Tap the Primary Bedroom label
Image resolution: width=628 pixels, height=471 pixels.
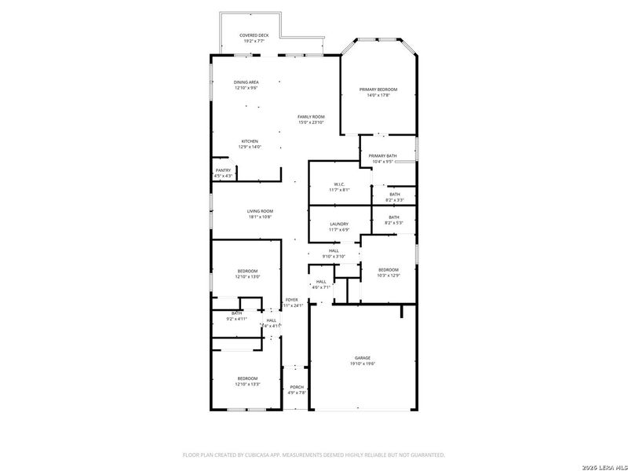coord(378,90)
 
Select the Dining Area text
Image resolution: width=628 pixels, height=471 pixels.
coord(246,82)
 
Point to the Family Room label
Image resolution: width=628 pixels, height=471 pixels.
coord(311,117)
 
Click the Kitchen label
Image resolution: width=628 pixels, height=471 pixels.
coord(250,142)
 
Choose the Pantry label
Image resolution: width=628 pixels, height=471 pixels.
coord(224,170)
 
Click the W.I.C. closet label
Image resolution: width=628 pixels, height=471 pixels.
coord(339,184)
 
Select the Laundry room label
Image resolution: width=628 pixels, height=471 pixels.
coord(339,225)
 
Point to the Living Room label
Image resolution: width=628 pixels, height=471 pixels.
coord(260,211)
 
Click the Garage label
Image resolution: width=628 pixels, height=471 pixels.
coord(362,358)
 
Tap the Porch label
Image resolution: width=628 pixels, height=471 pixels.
coord(297,387)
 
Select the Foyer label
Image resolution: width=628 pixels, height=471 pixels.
coord(291,300)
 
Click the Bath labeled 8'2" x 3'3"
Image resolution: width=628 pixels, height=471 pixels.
coord(393,195)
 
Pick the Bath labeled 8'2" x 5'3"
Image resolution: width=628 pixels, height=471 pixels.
coord(393,217)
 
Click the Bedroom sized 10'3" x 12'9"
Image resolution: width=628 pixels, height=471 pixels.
coord(389,270)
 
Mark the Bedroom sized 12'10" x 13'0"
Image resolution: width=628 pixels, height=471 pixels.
coord(247,271)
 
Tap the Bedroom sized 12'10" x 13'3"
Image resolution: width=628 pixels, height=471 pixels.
coord(246,379)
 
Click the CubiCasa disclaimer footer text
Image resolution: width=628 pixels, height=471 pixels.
coord(314,455)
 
